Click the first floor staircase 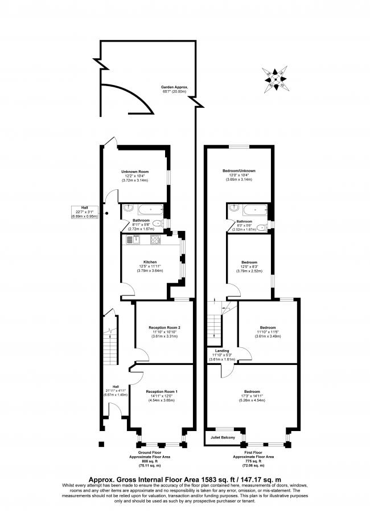214,329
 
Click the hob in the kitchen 155,240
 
